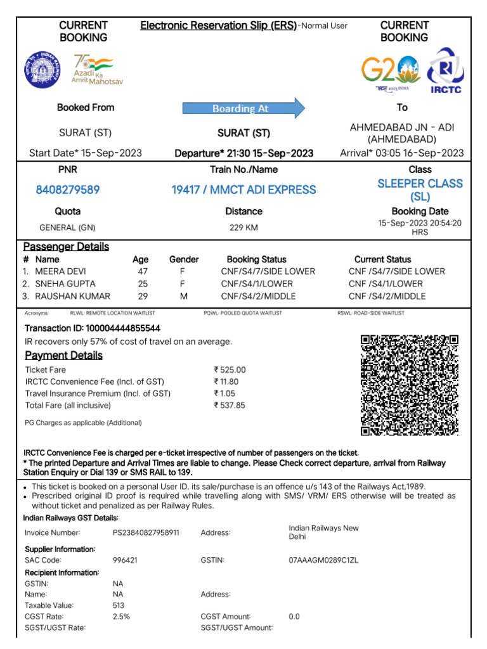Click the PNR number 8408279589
[x=68, y=190]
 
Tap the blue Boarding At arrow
[x=243, y=108]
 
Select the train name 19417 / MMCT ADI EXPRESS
[x=243, y=190]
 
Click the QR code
[x=409, y=385]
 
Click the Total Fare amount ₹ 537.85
[x=230, y=405]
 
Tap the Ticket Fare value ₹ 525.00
[x=230, y=369]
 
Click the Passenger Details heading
[x=66, y=247]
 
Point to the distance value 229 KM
[x=243, y=228]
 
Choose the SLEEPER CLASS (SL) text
[x=420, y=190]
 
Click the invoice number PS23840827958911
[x=146, y=532]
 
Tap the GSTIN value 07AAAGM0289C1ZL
[x=323, y=560]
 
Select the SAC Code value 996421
[x=125, y=560]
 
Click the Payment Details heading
[x=63, y=356]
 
